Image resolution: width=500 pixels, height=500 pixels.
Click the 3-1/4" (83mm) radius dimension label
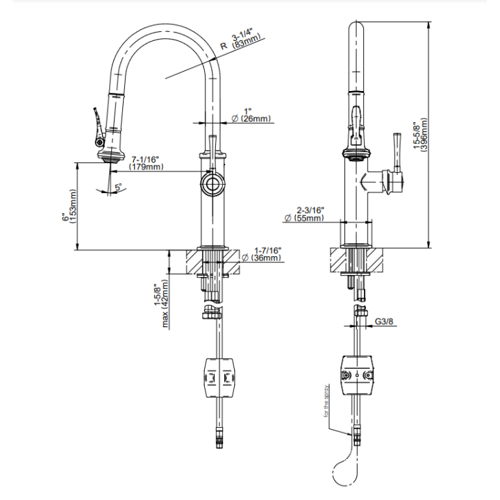[x=246, y=39]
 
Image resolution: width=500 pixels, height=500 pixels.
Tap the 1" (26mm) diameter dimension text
[x=251, y=115]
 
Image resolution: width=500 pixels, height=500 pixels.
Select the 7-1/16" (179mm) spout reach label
[x=146, y=162]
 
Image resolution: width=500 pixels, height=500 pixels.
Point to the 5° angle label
[x=119, y=187]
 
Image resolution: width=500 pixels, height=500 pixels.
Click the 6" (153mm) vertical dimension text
[x=69, y=206]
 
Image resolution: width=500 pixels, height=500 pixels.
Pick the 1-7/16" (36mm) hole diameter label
[x=262, y=254]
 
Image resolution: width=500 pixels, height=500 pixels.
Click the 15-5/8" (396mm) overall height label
[x=420, y=135]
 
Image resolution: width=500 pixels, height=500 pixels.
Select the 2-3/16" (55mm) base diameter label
[x=305, y=214]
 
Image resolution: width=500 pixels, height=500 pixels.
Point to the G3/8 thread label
[x=384, y=322]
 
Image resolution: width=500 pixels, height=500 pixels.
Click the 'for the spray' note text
[x=326, y=401]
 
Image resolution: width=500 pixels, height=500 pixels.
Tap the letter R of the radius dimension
[x=224, y=46]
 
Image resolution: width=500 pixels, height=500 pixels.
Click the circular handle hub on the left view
[x=212, y=184]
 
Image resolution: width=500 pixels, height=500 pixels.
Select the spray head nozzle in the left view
[x=110, y=157]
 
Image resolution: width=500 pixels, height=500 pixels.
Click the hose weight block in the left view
[x=220, y=378]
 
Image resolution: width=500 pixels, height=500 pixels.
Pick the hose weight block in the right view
[x=357, y=375]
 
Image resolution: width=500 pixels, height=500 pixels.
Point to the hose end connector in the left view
[x=219, y=437]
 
